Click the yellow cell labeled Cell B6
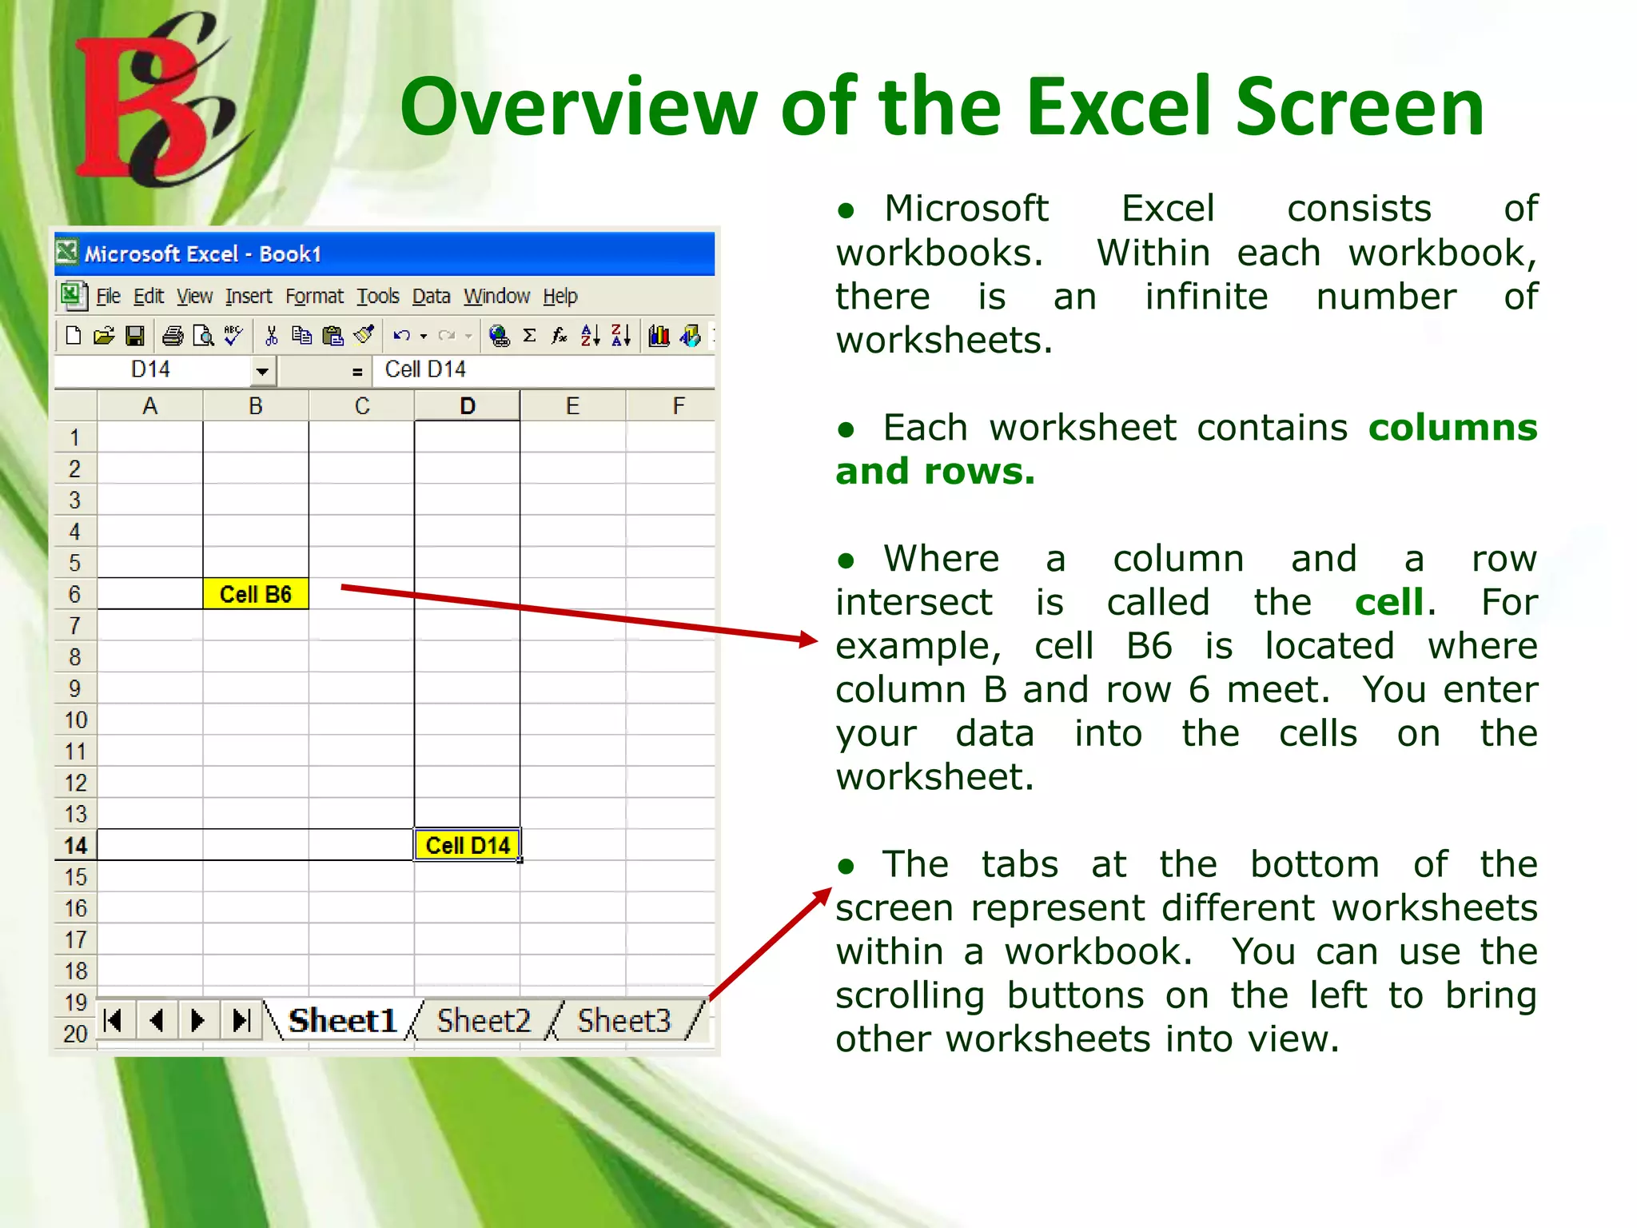coord(255,594)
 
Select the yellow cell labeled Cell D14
coord(467,845)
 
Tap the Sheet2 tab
coord(483,1021)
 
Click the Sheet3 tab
coord(623,1021)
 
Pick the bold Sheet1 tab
coord(342,1021)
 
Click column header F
coord(678,406)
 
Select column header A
coord(149,406)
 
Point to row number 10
coord(75,720)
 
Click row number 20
coord(75,1034)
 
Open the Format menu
coord(314,297)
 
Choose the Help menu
coord(560,297)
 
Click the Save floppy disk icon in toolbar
coord(135,336)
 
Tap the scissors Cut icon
coord(271,336)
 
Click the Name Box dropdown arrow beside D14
coord(261,371)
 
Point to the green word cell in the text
coord(1388,602)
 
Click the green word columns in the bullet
coord(1452,428)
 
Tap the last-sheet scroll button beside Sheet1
coord(241,1021)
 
